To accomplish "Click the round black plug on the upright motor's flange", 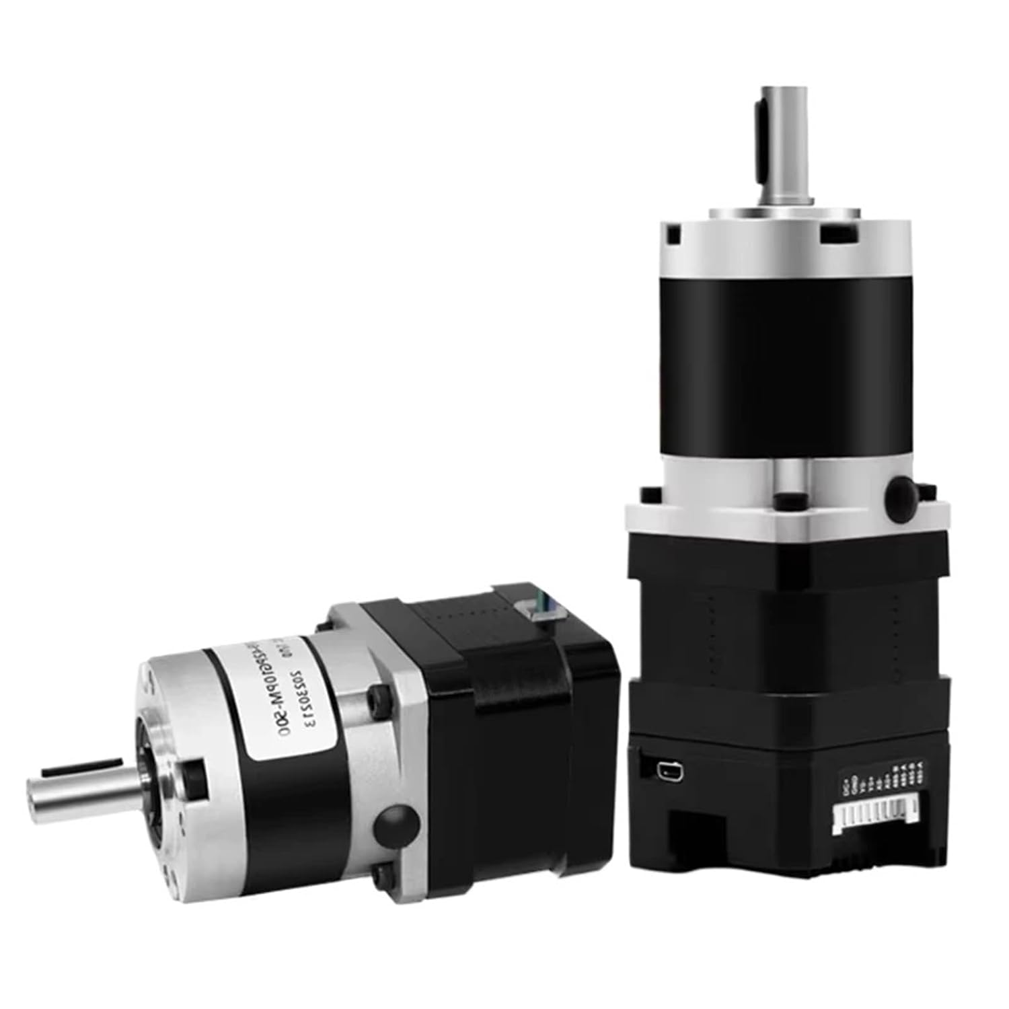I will (x=902, y=494).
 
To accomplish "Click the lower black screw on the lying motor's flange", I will (x=384, y=874).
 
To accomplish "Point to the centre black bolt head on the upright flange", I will (x=784, y=500).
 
